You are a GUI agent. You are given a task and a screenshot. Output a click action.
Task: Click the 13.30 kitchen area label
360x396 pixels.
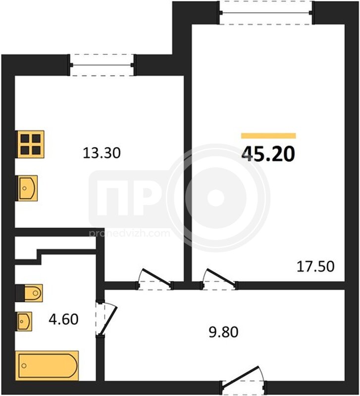[102, 153]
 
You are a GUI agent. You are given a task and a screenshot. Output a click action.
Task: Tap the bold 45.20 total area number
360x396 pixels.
[268, 154]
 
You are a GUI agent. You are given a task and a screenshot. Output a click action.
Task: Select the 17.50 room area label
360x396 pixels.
[315, 266]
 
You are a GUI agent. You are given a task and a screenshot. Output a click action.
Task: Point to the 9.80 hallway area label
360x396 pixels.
[224, 332]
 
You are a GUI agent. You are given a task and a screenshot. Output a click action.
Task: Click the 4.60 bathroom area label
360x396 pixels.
[63, 319]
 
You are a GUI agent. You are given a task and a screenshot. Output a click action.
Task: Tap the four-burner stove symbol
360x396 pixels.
[30, 144]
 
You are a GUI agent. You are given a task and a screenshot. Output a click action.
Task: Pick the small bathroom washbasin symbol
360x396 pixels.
[24, 321]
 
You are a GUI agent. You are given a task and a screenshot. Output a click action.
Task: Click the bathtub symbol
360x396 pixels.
[47, 366]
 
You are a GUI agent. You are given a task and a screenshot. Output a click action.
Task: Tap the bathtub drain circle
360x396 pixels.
[24, 366]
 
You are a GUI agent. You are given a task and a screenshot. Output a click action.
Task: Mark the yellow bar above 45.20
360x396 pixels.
[268, 136]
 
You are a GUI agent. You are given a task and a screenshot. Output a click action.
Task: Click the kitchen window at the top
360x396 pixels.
[102, 65]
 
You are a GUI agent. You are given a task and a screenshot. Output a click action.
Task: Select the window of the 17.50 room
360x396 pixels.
[266, 13]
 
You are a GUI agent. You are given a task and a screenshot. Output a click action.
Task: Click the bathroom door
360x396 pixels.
[105, 318]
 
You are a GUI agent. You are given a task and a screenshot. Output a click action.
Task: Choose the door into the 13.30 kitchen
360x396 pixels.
[154, 279]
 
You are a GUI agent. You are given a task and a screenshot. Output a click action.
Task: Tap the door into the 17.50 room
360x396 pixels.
[219, 279]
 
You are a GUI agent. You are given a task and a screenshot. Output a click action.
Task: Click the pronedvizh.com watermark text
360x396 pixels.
[129, 233]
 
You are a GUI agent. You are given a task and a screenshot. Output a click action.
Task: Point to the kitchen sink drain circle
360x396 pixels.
[24, 188]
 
